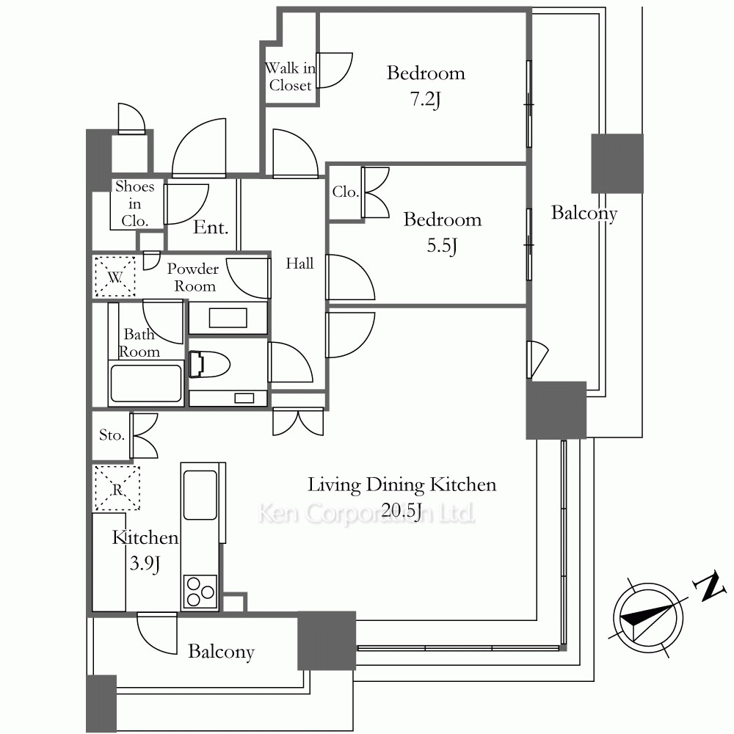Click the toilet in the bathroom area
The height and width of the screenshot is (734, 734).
tap(209, 364)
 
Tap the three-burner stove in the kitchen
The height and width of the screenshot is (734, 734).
tap(200, 592)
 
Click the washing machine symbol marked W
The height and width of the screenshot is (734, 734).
tap(115, 277)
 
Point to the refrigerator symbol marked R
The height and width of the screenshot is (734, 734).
tap(117, 488)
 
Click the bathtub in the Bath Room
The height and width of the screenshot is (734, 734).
tap(145, 383)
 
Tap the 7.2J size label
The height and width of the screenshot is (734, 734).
tap(426, 99)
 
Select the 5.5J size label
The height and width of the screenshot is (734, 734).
tap(442, 245)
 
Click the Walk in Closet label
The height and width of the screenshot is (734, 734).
tap(290, 77)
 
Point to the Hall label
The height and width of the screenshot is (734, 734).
tap(299, 264)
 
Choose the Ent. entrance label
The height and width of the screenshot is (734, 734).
tap(211, 228)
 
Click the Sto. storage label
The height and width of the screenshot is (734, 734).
tap(112, 435)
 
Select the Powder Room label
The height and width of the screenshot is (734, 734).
tap(193, 277)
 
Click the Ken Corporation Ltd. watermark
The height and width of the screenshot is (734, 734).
tap(366, 514)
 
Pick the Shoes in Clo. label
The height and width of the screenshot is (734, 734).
tap(135, 203)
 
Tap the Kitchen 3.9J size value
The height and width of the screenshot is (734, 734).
tap(145, 564)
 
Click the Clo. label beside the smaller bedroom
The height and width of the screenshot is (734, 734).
tap(346, 192)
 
